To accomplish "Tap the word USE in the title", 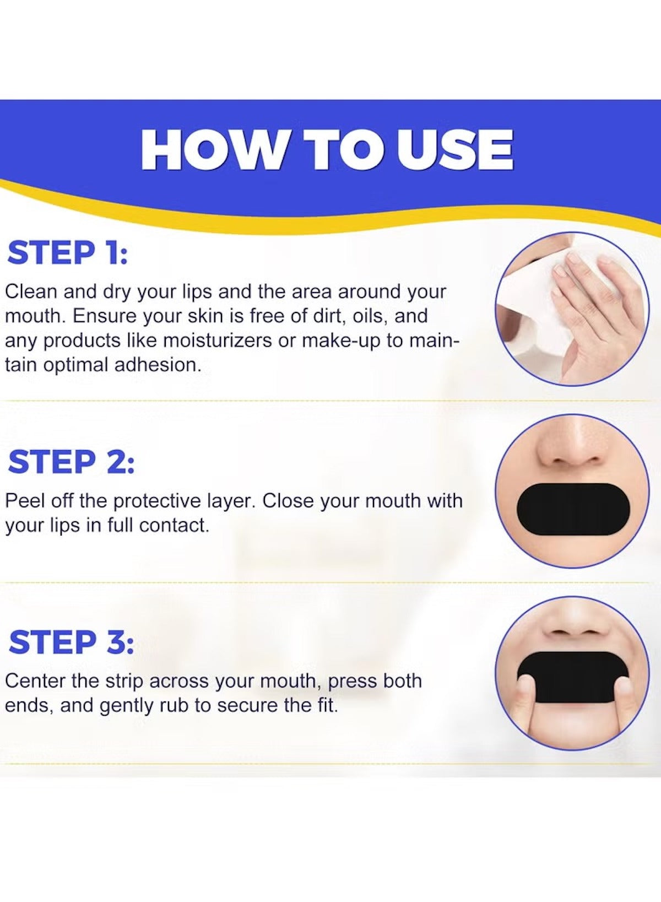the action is click(x=456, y=150).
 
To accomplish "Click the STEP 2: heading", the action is click(x=71, y=462).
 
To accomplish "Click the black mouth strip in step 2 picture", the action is click(x=573, y=509).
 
